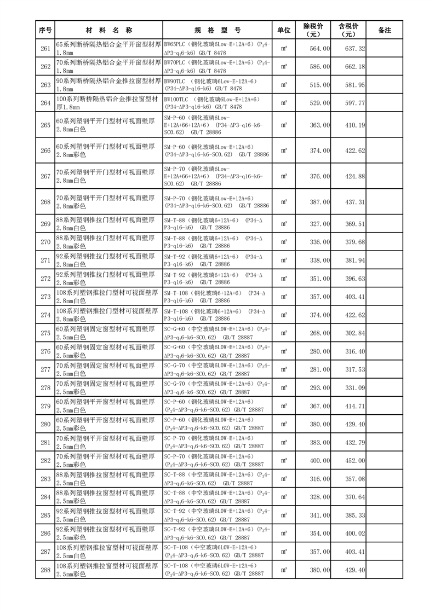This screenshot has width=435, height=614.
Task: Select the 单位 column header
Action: [284, 30]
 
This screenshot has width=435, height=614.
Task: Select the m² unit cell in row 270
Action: [284, 242]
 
